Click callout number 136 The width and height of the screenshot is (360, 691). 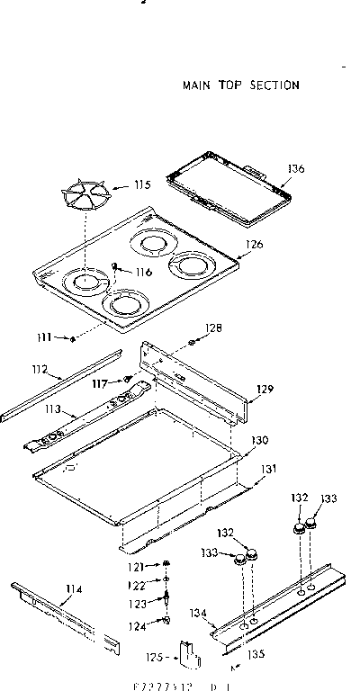coord(298,167)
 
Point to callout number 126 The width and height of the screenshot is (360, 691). coord(255,243)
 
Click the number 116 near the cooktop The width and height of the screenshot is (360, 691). coord(144,273)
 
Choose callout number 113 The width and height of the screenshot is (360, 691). coord(54,409)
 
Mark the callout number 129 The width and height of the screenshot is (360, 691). coord(264,389)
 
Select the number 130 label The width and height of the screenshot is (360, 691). coord(260,441)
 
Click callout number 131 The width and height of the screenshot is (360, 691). coord(269,469)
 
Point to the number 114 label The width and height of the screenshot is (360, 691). coord(74,589)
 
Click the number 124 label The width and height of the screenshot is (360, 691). coord(135,625)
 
